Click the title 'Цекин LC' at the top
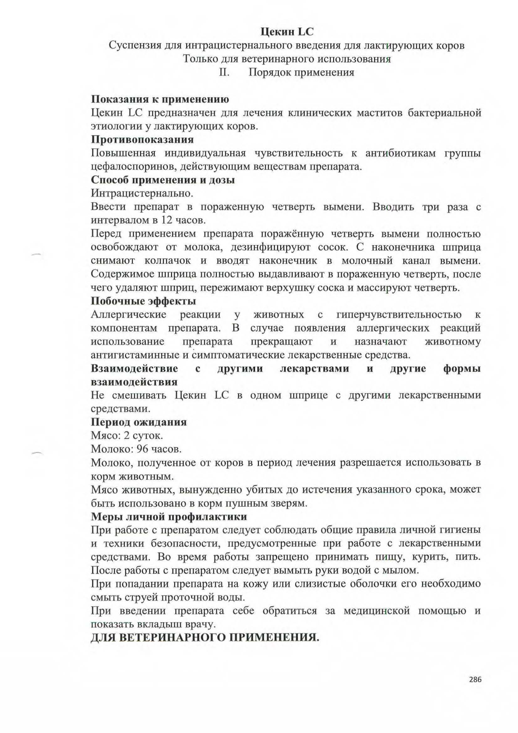click(x=287, y=32)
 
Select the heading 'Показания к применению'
click(x=160, y=99)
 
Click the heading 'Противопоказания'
click(x=142, y=140)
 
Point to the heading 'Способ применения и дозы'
click(x=163, y=180)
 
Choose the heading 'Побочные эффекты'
click(x=143, y=301)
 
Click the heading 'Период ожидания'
click(x=139, y=422)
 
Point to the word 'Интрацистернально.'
click(x=142, y=193)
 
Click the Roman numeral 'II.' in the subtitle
click(x=224, y=72)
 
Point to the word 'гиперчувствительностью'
click(x=399, y=315)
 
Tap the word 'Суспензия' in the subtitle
click(x=134, y=46)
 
